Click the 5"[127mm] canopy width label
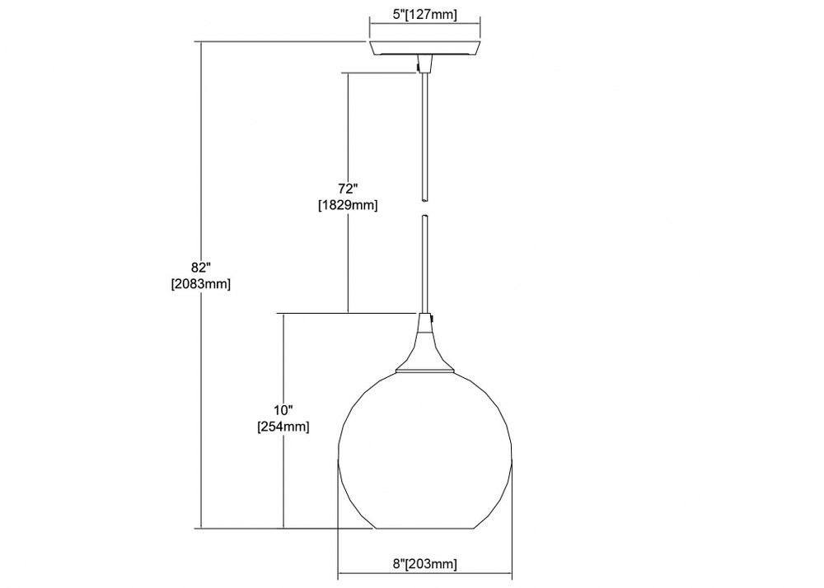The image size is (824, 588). (x=424, y=15)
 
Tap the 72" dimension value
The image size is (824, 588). (x=348, y=189)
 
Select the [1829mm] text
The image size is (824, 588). (x=348, y=205)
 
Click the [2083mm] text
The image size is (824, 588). (x=201, y=284)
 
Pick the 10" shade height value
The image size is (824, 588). (x=283, y=410)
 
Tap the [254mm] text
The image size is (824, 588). (x=283, y=427)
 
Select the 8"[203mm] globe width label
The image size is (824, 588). (x=424, y=564)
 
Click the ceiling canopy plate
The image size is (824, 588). (x=424, y=49)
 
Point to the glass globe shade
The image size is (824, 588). (x=424, y=450)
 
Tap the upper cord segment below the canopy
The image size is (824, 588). (x=424, y=137)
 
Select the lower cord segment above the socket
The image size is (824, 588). (x=424, y=264)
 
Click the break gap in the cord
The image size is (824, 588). (x=424, y=208)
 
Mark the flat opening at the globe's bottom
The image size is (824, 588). (x=424, y=528)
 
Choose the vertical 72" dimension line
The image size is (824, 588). (x=348, y=193)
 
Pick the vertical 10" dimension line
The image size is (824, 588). (x=283, y=421)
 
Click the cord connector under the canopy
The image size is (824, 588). (x=424, y=63)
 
